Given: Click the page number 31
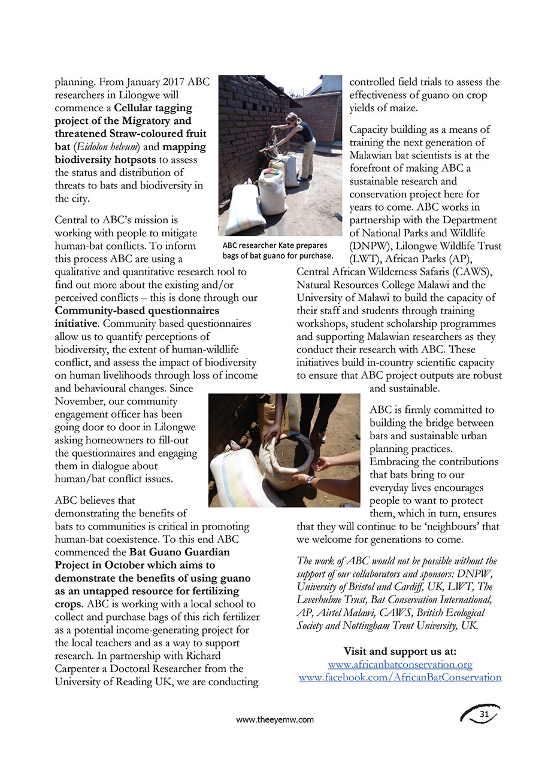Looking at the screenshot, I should pyautogui.click(x=485, y=714).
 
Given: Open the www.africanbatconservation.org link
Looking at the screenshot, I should pyautogui.click(x=400, y=664).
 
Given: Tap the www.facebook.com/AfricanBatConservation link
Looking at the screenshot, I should pyautogui.click(x=399, y=677).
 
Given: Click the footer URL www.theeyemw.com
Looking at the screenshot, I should pyautogui.click(x=275, y=720).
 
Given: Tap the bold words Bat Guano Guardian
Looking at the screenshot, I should pyautogui.click(x=179, y=552).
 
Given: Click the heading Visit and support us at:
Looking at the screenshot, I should pyautogui.click(x=399, y=651).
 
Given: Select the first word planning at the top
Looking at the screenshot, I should pyautogui.click(x=75, y=82).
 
